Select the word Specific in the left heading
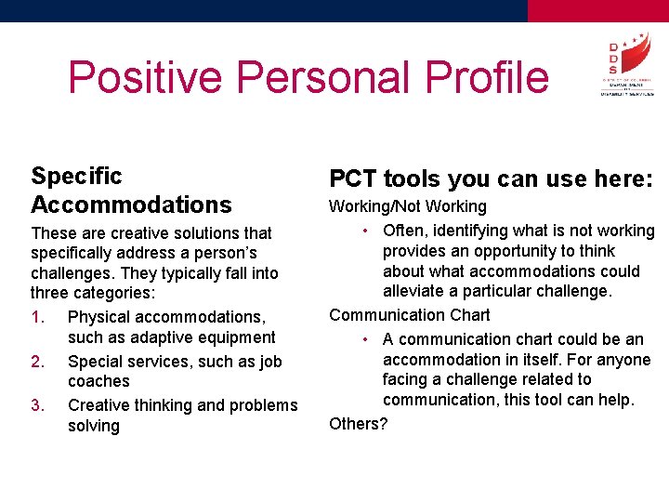pos(76,176)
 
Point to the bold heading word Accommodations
pos(131,205)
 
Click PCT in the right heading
pos(351,179)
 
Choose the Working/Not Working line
pos(408,206)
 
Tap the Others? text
pos(358,424)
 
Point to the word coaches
pos(98,381)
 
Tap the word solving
pos(94,426)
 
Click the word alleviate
pos(414,292)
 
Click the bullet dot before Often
pos(368,231)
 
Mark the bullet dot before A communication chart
pos(368,339)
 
